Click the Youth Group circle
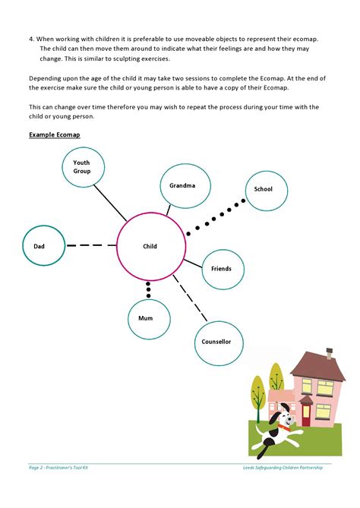[x=82, y=169]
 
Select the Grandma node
[x=182, y=186]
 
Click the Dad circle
[x=40, y=246]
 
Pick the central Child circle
[x=150, y=246]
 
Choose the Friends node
[x=221, y=269]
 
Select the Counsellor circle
[x=216, y=342]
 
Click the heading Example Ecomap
[x=54, y=134]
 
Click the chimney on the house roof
[x=330, y=352]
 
